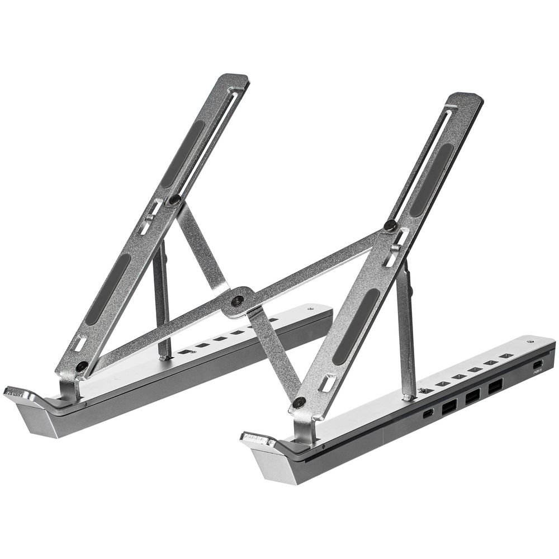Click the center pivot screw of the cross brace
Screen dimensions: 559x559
pos(238,300)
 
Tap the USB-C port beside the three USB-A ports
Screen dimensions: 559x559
pos(428,414)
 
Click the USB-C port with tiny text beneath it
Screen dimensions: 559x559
pos(538,364)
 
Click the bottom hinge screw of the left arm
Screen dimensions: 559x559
pos(82,366)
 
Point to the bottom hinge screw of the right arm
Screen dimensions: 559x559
pos(299,402)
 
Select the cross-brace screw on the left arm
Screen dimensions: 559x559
pos(175,199)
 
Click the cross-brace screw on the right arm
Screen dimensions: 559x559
pos(390,226)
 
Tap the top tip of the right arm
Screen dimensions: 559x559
pos(468,98)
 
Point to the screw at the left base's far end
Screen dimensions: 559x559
pos(311,307)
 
